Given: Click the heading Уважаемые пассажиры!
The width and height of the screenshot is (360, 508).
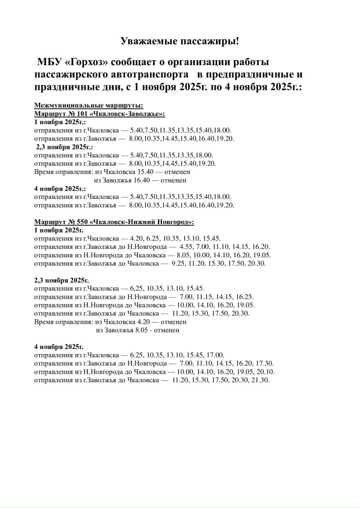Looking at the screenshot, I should pyautogui.click(x=180, y=41).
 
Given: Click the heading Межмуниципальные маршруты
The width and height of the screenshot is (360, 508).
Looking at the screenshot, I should pyautogui.click(x=89, y=106).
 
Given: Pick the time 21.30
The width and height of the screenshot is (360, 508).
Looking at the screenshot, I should pyautogui.click(x=262, y=380).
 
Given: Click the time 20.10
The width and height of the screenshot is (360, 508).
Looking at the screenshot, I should pyautogui.click(x=265, y=372).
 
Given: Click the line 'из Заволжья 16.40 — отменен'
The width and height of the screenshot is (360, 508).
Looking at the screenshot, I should pyautogui.click(x=140, y=180).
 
